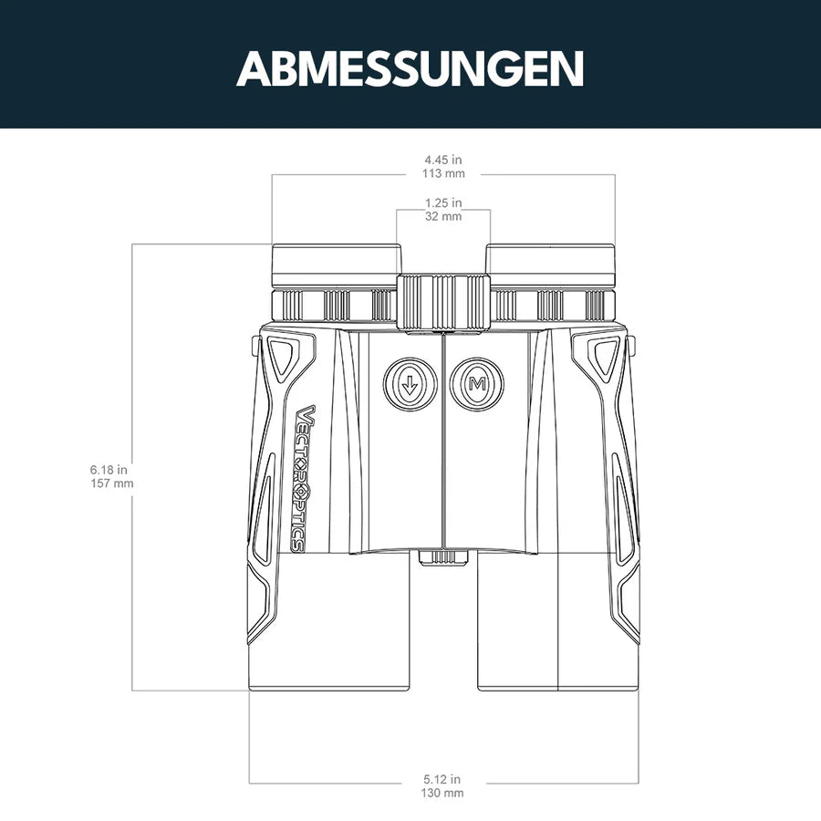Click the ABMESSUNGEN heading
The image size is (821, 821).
pos(410,68)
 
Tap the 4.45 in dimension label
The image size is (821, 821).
pos(443,160)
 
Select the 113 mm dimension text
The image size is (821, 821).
pos(443,173)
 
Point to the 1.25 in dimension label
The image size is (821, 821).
pos(443,203)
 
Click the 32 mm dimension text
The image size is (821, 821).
pos(443,216)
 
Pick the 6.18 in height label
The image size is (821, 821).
pos(109,470)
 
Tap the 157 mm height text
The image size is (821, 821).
pos(112,483)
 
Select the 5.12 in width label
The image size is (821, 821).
pos(442,780)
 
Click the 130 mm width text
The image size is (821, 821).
pos(442,794)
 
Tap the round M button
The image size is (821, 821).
pos(476,384)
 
